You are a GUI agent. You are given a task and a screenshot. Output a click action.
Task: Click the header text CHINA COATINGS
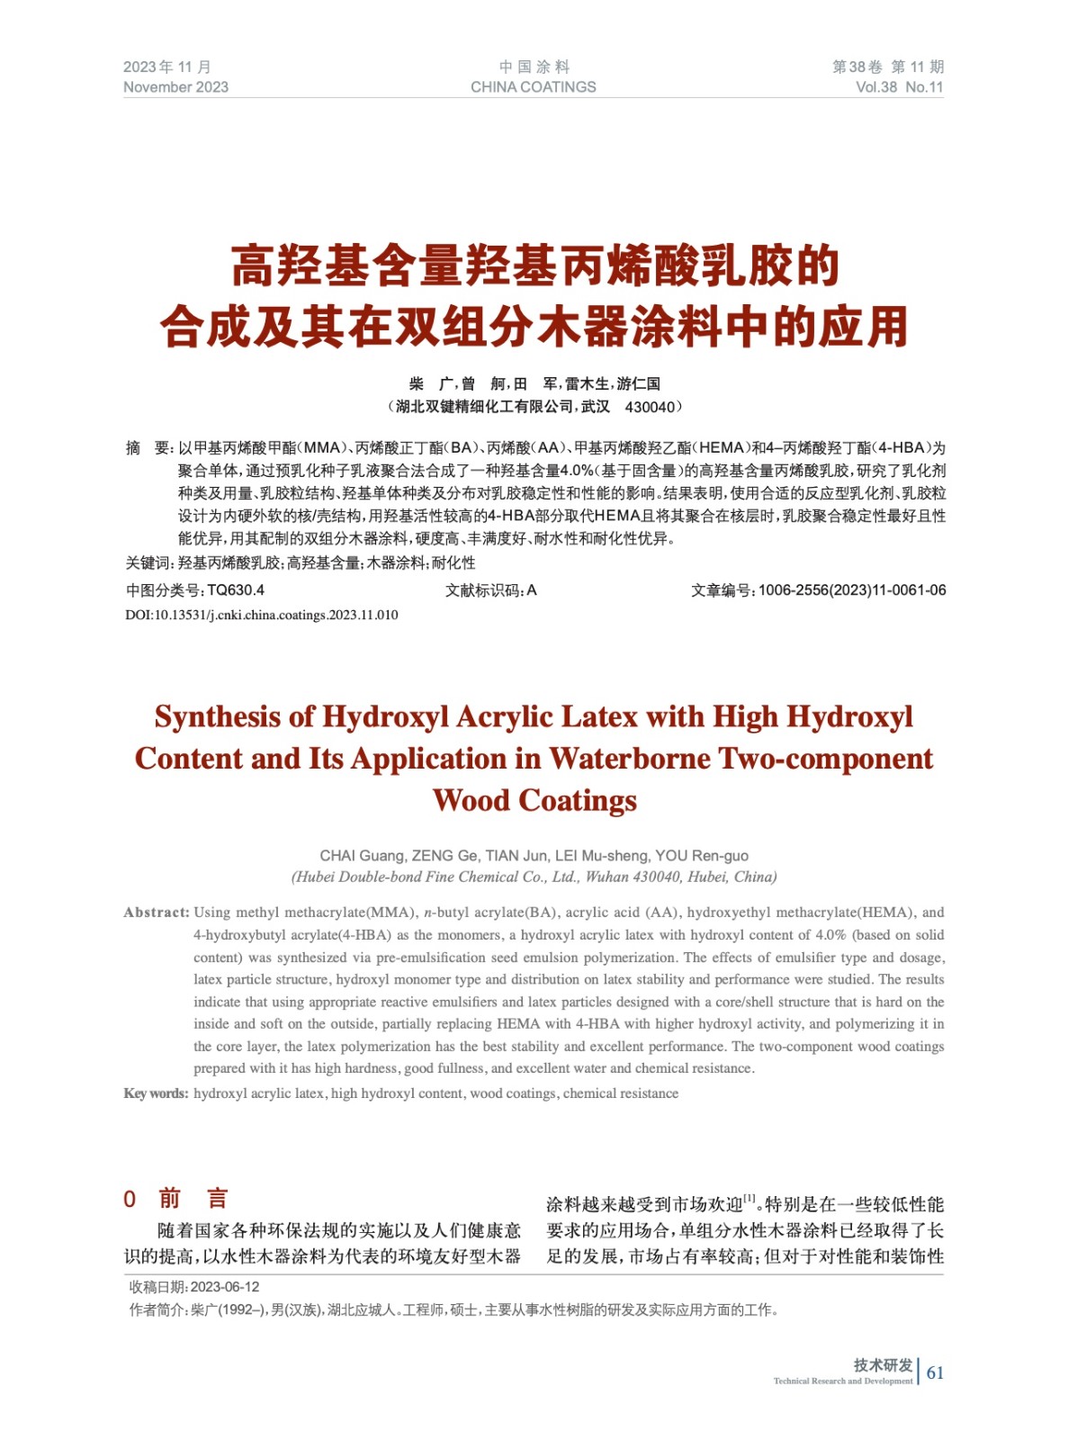pyautogui.click(x=533, y=87)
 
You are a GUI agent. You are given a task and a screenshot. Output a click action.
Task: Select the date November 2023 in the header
pyautogui.click(x=175, y=87)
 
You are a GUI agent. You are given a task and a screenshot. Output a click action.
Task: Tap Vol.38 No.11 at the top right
pyautogui.click(x=899, y=87)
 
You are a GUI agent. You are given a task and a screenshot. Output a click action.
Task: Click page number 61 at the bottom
pyautogui.click(x=935, y=1372)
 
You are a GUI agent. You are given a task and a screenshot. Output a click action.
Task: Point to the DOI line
pyautogui.click(x=261, y=616)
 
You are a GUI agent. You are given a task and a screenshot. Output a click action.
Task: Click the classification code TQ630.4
pyautogui.click(x=236, y=590)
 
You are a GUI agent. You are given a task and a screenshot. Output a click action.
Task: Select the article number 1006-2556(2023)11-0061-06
pyautogui.click(x=851, y=590)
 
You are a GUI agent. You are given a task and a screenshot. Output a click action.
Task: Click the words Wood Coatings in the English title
pyautogui.click(x=534, y=800)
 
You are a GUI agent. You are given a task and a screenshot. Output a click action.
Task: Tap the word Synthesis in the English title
pyautogui.click(x=220, y=716)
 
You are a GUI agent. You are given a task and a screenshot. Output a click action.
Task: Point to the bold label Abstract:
pyautogui.click(x=157, y=913)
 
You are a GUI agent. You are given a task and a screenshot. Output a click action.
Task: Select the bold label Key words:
pyautogui.click(x=156, y=1093)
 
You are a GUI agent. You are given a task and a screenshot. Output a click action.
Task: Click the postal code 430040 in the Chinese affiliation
pyautogui.click(x=649, y=407)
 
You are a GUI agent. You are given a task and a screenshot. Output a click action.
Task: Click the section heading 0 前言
pyautogui.click(x=176, y=1199)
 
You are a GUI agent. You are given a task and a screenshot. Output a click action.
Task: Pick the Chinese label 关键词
pyautogui.click(x=148, y=563)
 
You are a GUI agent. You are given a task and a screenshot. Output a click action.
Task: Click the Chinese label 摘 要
pyautogui.click(x=148, y=448)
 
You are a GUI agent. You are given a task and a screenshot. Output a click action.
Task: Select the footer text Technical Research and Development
pyautogui.click(x=842, y=1381)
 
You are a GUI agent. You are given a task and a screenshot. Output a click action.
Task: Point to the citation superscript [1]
pyautogui.click(x=749, y=1199)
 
